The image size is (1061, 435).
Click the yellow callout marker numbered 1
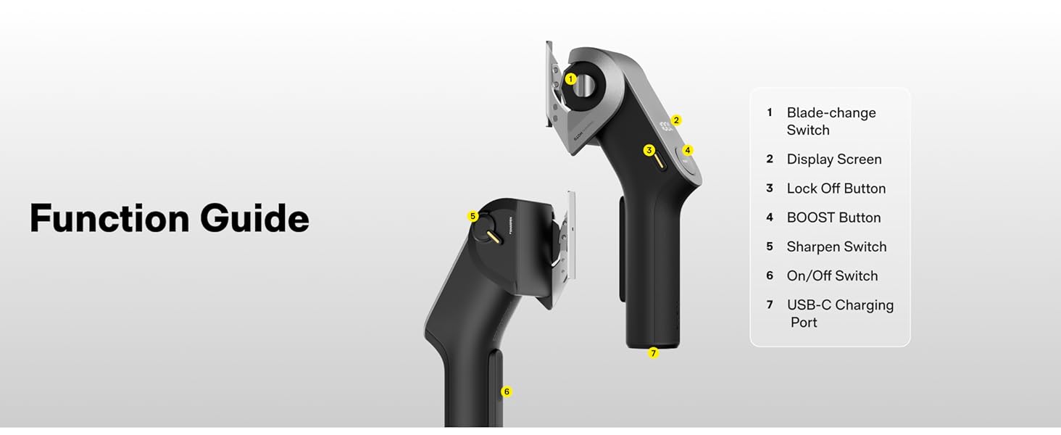coord(571,79)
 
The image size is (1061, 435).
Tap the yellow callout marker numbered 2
coord(676,120)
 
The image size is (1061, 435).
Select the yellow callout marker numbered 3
coord(649,150)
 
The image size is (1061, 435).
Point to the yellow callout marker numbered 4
coord(688,150)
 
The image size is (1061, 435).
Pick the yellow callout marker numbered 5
coord(473,216)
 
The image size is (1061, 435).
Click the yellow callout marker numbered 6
coord(507,392)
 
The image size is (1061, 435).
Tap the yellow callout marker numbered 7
coord(654,353)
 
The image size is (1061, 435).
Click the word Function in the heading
coord(109,218)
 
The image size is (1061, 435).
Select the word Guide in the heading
coord(254,218)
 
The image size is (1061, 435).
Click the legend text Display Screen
coord(834,159)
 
